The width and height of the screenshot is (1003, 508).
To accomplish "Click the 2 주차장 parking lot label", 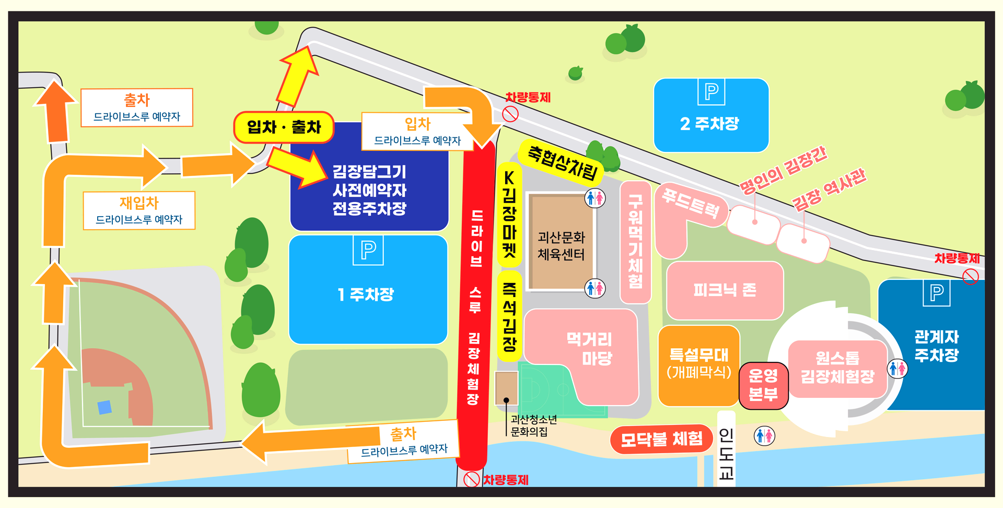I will point(709,124).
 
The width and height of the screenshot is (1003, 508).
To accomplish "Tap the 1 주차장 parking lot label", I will point(366,294).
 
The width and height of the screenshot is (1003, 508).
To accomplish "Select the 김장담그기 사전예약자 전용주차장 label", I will point(369,190).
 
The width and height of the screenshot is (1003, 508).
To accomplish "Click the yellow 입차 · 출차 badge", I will point(284,127).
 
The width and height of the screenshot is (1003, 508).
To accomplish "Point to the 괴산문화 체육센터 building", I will point(561,245).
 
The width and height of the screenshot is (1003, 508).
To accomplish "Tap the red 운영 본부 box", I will point(763,385).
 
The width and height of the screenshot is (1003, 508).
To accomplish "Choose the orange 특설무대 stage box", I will point(699,363).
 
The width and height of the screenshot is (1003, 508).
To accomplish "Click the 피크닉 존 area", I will point(725,290).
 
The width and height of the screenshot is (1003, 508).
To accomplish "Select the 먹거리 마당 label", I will point(589,349).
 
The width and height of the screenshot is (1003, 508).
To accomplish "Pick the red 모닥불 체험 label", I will point(661,439).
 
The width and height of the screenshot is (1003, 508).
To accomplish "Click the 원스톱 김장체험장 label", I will point(837,367).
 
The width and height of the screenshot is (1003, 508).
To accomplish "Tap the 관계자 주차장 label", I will point(936,346).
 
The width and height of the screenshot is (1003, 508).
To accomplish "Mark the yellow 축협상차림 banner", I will point(562,162).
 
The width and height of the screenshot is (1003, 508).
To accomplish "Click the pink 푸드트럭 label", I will point(691,203).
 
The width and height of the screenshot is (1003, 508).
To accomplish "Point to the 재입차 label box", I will point(139,210).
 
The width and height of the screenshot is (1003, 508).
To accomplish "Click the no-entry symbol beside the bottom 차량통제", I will point(472,479).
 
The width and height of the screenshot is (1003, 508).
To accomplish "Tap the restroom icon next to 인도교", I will point(764,435).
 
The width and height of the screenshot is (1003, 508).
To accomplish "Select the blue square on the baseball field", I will point(104,407).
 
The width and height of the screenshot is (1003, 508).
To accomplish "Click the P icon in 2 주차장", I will point(711,92).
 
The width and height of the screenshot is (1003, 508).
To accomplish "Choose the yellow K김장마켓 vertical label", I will point(509,214).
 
